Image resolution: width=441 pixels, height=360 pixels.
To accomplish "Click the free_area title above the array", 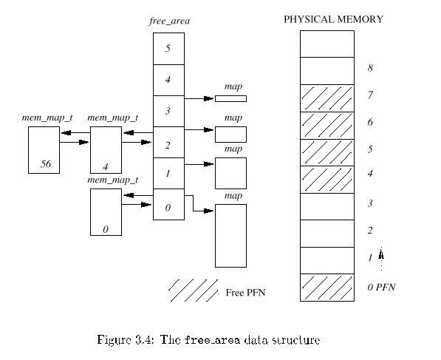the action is click(x=169, y=21).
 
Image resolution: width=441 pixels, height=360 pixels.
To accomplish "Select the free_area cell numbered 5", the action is click(x=168, y=49).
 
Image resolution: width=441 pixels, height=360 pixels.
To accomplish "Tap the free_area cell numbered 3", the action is click(x=168, y=111).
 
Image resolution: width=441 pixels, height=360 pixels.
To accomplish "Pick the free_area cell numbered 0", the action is click(x=168, y=204).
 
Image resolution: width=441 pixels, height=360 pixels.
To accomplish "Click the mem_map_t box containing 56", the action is click(x=44, y=150).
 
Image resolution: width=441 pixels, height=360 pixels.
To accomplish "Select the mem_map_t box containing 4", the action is click(x=106, y=150).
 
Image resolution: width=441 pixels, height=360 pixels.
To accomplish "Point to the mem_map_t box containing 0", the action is click(x=106, y=212).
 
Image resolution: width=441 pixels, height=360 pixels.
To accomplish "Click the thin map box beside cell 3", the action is click(x=231, y=98).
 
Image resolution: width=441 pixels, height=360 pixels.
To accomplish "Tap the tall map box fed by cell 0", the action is click(x=231, y=236).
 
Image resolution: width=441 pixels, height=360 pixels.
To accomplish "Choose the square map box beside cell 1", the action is click(x=231, y=173).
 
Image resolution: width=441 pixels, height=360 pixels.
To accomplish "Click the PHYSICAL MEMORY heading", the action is click(x=333, y=19).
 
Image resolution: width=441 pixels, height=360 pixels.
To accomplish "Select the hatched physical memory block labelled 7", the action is click(x=327, y=98).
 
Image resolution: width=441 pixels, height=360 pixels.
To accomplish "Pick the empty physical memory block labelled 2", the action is click(x=327, y=234).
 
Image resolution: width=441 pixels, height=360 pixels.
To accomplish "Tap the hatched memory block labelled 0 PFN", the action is click(x=327, y=288).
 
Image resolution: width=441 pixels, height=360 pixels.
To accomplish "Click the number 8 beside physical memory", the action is click(x=370, y=68).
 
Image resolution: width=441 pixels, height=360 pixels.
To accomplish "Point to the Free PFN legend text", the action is click(x=245, y=293).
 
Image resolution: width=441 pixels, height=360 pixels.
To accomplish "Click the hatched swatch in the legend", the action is click(x=194, y=291).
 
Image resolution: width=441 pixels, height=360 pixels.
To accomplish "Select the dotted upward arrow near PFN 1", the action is click(x=381, y=259).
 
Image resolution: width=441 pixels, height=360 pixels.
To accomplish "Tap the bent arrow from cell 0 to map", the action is click(x=193, y=203).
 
